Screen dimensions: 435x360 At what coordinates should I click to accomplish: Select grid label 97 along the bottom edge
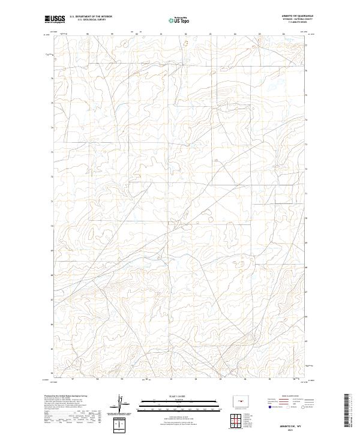[73, 379]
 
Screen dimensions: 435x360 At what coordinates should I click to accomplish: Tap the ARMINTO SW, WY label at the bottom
[292, 424]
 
